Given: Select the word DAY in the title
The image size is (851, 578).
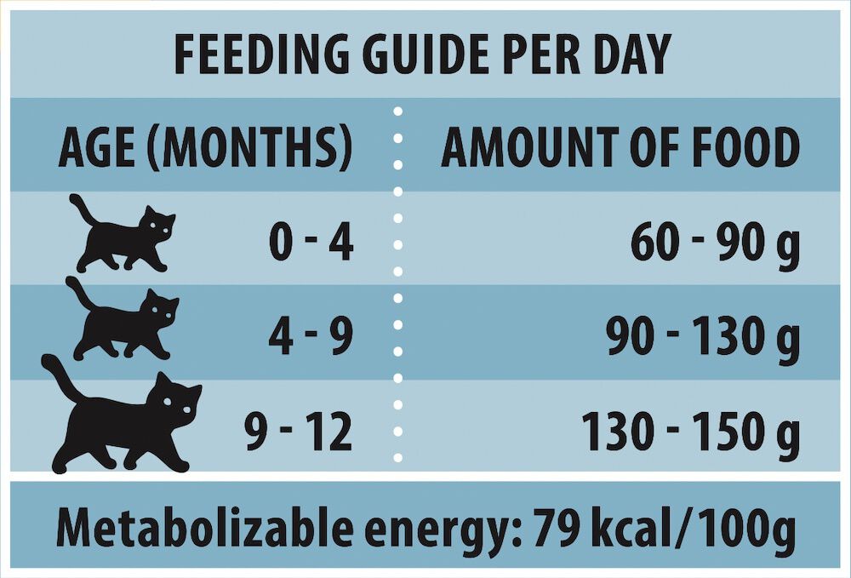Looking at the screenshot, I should [x=627, y=54].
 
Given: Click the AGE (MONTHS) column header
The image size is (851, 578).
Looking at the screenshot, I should [x=205, y=147].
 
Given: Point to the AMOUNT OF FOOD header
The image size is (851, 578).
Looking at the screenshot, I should [x=620, y=147].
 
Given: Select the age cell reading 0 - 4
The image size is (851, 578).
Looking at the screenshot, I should [x=311, y=242].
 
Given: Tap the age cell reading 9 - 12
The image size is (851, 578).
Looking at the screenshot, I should [x=298, y=432].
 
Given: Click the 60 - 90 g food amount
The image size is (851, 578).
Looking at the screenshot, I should [x=716, y=243].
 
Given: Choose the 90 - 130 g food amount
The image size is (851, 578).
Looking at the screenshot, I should [x=703, y=337].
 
